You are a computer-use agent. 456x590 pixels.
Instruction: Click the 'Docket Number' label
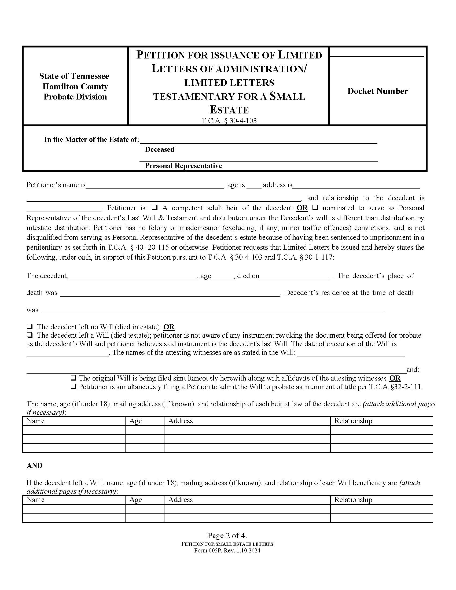[x=377, y=91]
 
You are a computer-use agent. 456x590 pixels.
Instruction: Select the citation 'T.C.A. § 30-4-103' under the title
[x=229, y=120]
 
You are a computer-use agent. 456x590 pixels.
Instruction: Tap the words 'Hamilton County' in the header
[x=75, y=86]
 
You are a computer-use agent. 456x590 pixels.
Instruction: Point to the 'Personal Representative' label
[x=183, y=165]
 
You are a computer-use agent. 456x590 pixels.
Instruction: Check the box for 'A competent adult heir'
[x=155, y=208]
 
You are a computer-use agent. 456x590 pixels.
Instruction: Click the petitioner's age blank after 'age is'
[x=254, y=185]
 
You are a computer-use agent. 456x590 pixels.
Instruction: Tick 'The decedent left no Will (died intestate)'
[x=30, y=327]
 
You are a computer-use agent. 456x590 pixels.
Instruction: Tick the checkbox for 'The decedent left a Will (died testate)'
[x=30, y=335]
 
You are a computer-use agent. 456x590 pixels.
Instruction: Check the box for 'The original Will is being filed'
[x=73, y=378]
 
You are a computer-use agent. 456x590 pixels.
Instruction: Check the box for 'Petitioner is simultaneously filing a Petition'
[x=73, y=386]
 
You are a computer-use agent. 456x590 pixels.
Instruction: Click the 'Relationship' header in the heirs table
[x=353, y=421]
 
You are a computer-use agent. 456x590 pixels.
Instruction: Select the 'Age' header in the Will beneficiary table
[x=135, y=500]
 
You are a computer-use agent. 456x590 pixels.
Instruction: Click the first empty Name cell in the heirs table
[x=73, y=430]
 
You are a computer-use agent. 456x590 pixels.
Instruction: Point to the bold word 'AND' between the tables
[x=35, y=466]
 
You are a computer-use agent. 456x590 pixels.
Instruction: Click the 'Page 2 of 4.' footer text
[x=227, y=535]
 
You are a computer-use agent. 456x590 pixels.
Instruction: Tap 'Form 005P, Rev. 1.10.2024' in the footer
[x=227, y=550]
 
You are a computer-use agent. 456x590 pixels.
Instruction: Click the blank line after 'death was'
[x=170, y=293]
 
